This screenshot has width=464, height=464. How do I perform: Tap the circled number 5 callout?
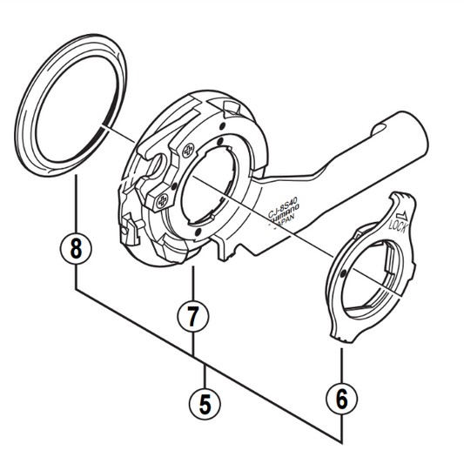[205, 402]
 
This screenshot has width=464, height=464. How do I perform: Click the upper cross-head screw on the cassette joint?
[185, 147]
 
